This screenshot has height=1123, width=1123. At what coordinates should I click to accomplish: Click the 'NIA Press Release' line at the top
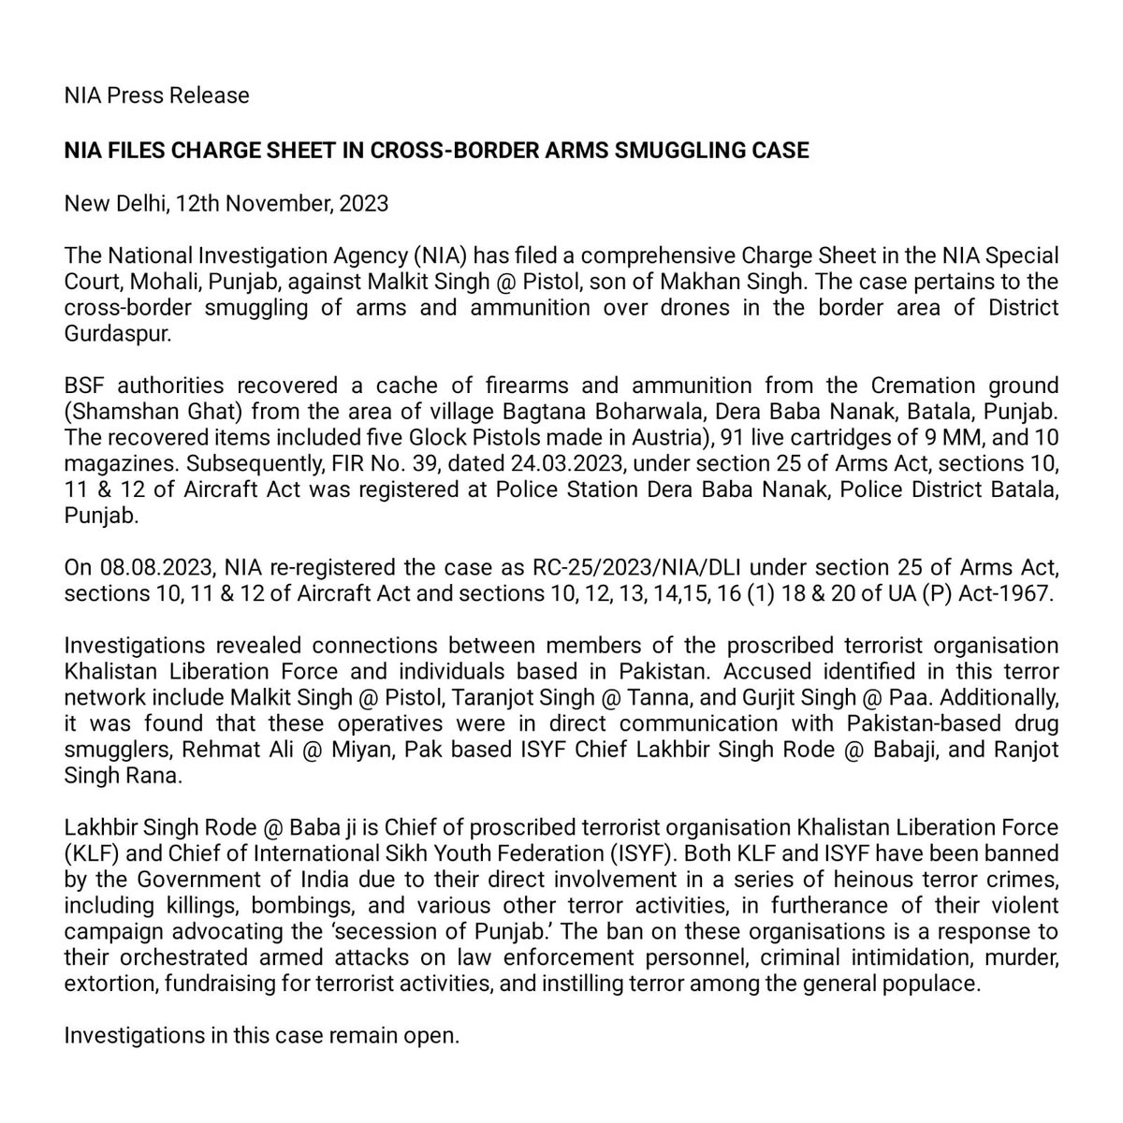click(x=157, y=95)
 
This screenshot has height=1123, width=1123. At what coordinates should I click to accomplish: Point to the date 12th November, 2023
click(x=295, y=204)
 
